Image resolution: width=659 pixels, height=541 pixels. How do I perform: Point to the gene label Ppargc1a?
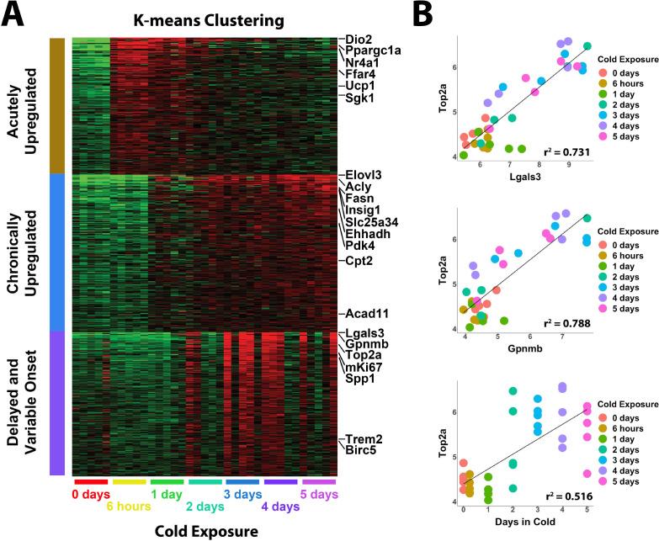[x=373, y=50]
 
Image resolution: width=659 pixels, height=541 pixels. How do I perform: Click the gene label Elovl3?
[x=365, y=175]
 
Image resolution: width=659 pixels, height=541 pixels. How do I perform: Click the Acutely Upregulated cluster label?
[x=24, y=105]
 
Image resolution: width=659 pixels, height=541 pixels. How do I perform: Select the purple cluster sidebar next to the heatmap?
[x=56, y=402]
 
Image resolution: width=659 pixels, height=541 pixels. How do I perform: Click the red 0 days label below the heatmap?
[x=90, y=493]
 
